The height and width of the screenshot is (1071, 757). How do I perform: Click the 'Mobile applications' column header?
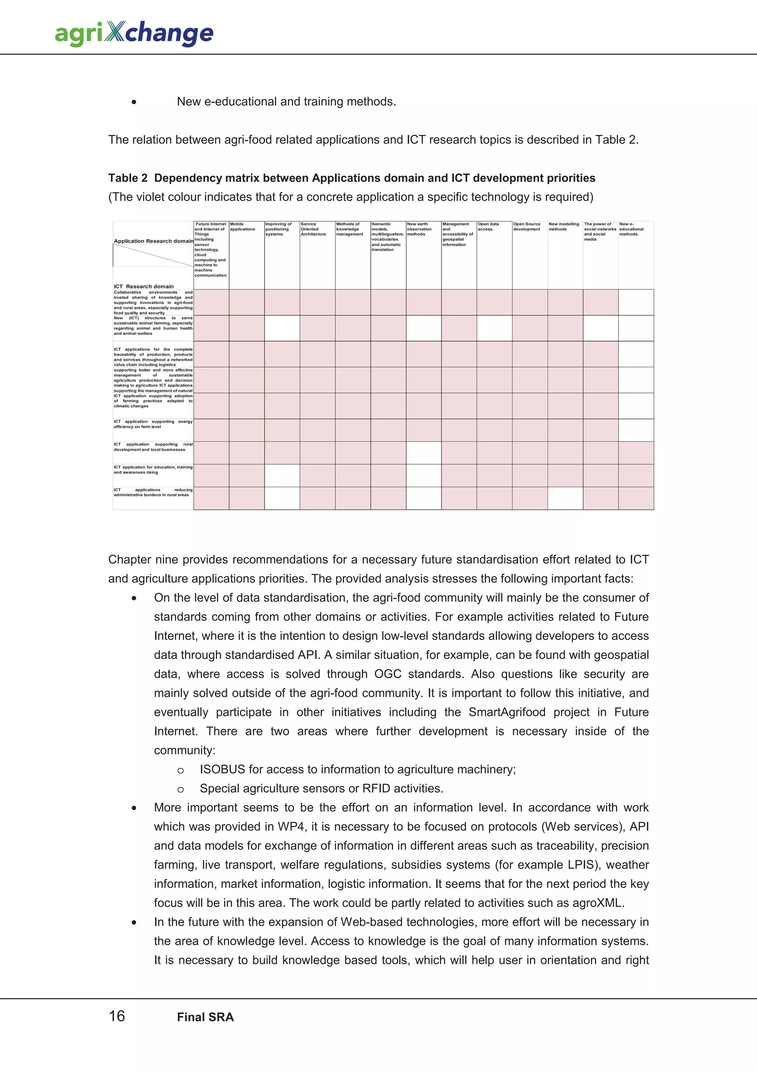point(242,227)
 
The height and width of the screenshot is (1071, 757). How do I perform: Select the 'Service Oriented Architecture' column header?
point(313,229)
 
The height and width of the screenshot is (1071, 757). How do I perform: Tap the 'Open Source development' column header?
point(527,227)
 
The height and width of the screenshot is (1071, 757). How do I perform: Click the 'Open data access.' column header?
point(488,227)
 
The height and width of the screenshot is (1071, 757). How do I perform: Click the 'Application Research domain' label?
point(153,241)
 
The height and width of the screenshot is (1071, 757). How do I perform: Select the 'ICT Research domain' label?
point(144,286)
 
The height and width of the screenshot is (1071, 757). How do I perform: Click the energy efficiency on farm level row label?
point(153,424)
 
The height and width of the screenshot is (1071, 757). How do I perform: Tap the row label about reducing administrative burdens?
point(153,492)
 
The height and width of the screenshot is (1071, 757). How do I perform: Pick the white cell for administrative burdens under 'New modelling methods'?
point(565,498)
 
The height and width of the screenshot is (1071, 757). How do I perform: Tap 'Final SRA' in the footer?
point(205,1017)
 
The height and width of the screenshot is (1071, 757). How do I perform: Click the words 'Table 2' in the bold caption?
point(128,178)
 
